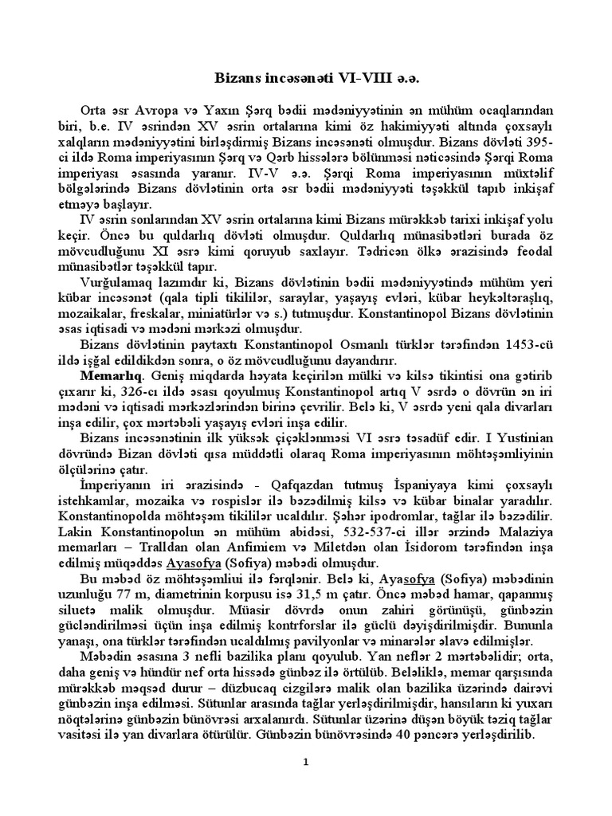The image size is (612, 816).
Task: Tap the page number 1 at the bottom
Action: pos(306,763)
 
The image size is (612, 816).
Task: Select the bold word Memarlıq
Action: pos(111,374)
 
